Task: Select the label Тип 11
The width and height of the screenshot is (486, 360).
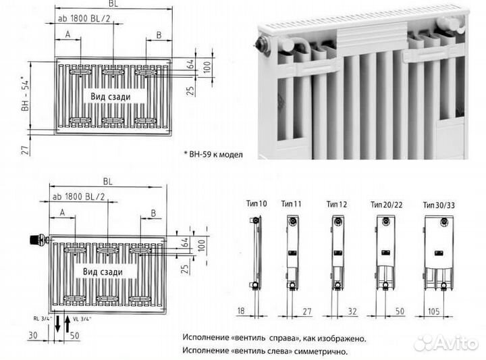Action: click(x=291, y=203)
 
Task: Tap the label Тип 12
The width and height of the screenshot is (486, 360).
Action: click(x=336, y=203)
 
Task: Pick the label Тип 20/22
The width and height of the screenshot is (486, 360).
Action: click(x=383, y=203)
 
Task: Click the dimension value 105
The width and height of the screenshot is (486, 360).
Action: click(x=433, y=311)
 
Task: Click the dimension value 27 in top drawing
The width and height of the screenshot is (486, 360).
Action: click(x=25, y=149)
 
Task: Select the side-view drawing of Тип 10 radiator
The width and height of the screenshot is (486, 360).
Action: click(x=254, y=252)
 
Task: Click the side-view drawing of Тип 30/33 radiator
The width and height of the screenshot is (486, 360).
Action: click(x=438, y=252)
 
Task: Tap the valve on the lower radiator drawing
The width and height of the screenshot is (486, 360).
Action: click(x=37, y=238)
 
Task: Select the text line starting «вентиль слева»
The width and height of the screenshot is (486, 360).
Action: click(x=265, y=351)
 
